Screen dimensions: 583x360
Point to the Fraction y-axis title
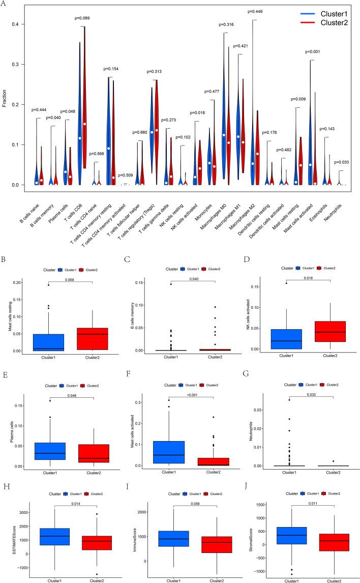pyautogui.click(x=5, y=97)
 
